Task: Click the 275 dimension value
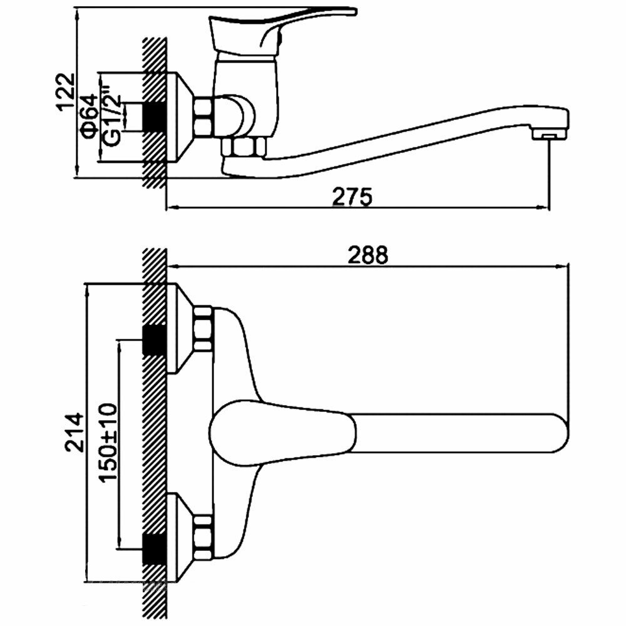coord(352,197)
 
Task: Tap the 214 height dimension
coord(74,433)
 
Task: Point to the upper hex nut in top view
coord(203,328)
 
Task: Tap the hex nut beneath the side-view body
coord(245,148)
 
